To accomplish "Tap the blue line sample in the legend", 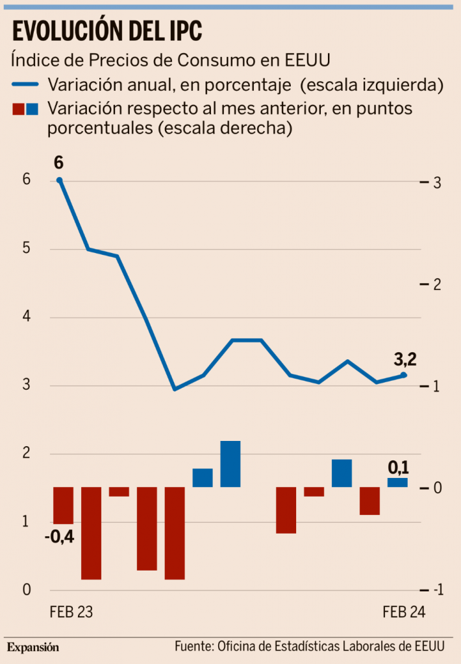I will pyautogui.click(x=26, y=84).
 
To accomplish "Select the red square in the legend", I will pyautogui.click(x=18, y=109).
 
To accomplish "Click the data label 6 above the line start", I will pyautogui.click(x=59, y=162).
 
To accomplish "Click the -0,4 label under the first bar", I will pyautogui.click(x=59, y=537).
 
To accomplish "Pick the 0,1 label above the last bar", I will pyautogui.click(x=398, y=467).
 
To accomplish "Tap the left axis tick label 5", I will pyautogui.click(x=27, y=249).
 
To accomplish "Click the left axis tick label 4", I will pyautogui.click(x=27, y=318).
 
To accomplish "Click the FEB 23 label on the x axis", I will pyautogui.click(x=71, y=612).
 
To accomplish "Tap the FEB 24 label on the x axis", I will pyautogui.click(x=404, y=612).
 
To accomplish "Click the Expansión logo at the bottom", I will pyautogui.click(x=33, y=647).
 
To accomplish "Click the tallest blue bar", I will pyautogui.click(x=230, y=464).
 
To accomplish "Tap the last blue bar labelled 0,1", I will pyautogui.click(x=397, y=482).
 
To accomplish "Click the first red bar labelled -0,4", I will pyautogui.click(x=63, y=505).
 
